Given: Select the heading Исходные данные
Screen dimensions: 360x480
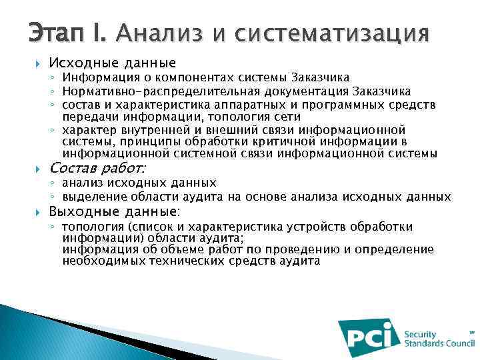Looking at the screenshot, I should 113,63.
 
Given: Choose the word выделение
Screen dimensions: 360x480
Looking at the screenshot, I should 93,197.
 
